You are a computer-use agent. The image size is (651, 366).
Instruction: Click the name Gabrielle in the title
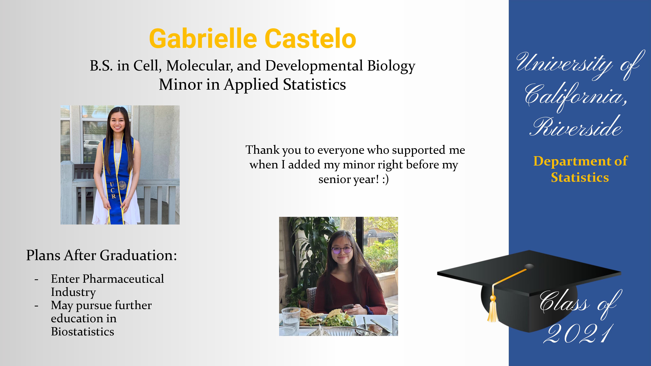[x=203, y=39]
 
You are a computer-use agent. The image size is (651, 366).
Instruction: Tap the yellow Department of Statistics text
[x=580, y=169]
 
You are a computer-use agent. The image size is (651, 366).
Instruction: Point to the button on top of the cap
[x=529, y=266]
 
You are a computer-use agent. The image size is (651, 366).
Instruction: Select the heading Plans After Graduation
[x=102, y=255]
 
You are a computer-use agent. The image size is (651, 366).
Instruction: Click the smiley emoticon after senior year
[x=385, y=179]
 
